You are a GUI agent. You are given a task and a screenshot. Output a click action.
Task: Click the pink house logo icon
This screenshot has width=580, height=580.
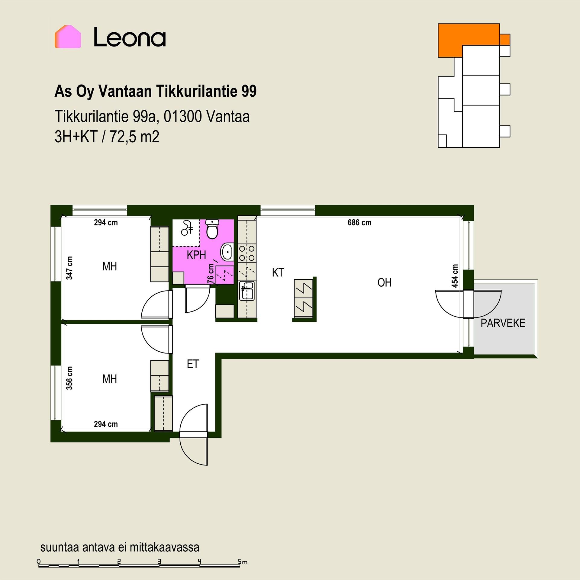pos(68,37)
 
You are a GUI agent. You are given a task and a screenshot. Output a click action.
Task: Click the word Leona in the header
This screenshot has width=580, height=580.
pos(130,37)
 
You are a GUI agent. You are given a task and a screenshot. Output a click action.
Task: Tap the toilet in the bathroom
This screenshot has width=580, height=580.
pos(213,229)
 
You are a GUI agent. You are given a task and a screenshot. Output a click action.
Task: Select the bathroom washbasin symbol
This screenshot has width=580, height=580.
pos(227,252)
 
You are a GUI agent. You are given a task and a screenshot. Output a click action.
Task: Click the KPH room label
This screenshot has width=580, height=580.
pos(196,255)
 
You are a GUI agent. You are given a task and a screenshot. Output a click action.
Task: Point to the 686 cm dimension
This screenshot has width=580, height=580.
pos(359,223)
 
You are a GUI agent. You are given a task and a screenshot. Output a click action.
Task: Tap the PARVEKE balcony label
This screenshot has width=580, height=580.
pos(503,323)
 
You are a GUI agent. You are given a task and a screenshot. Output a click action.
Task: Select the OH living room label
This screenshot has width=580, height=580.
pos(385,283)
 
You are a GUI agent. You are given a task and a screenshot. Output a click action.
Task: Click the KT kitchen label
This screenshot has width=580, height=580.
pos(278,272)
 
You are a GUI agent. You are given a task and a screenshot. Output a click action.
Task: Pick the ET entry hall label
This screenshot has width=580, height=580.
pos(193,364)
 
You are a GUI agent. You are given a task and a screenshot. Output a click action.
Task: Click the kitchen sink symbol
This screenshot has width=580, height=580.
pos(247,291)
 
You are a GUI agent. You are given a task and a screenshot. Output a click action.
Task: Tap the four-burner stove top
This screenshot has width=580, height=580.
pos(247,253)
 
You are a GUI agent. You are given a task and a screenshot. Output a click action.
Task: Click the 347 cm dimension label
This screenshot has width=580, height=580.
pos(69,268)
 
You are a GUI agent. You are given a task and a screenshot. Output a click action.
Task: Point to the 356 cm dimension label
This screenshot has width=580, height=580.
pos(69,378)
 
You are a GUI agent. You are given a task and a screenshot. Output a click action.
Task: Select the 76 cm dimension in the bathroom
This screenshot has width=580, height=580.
pos(211,274)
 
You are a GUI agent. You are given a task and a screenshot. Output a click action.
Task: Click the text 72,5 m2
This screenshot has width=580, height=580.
pos(134,137)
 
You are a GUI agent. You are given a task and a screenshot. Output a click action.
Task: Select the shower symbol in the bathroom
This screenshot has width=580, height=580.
pos(186,228)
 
